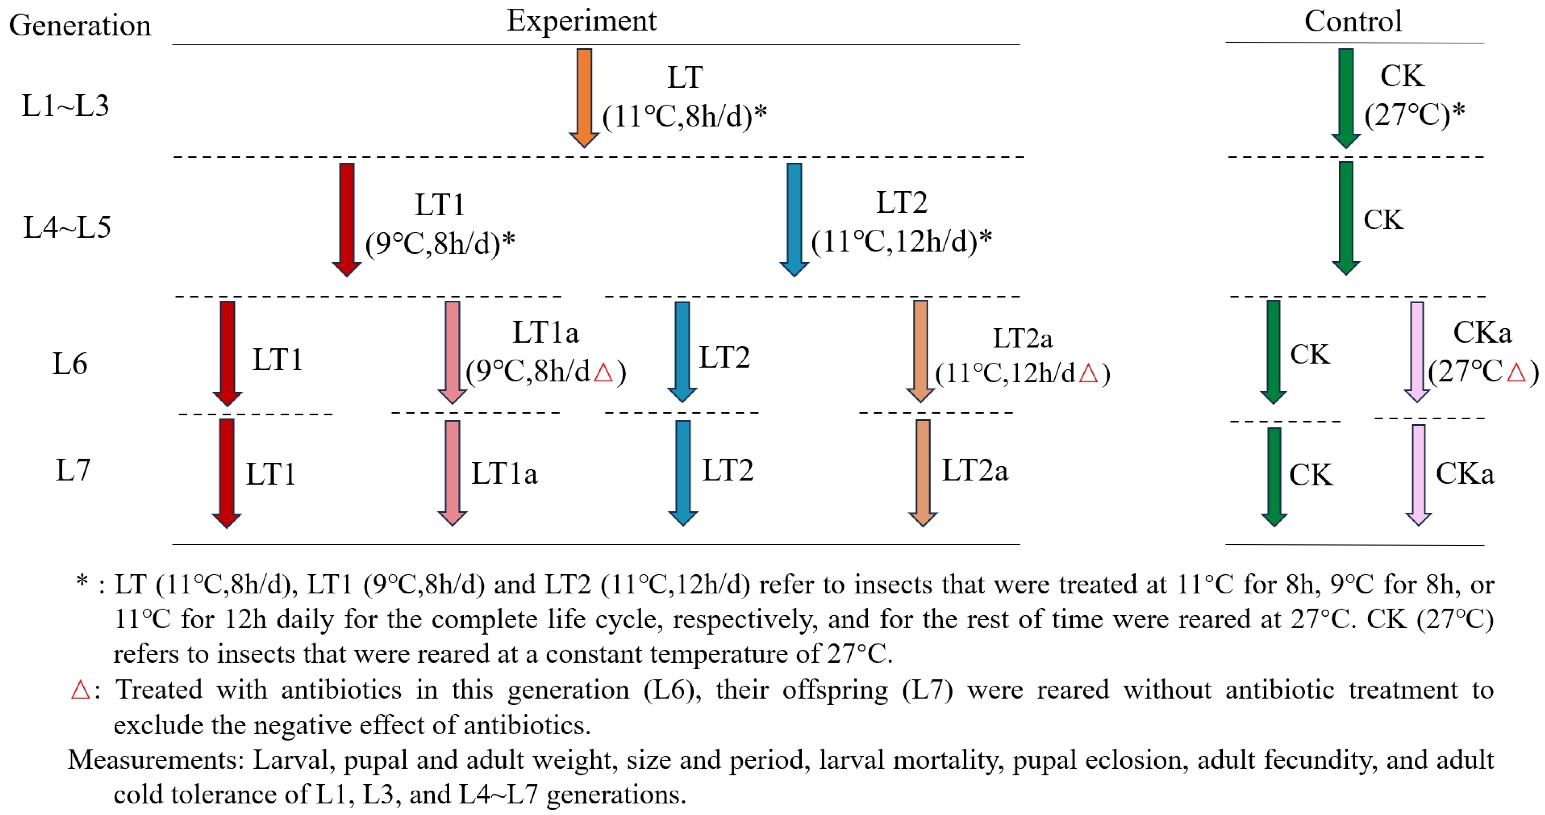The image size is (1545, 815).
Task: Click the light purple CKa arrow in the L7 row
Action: [x=1418, y=474]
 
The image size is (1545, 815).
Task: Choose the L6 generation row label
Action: [x=70, y=364]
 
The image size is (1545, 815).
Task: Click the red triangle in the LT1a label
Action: [x=603, y=372]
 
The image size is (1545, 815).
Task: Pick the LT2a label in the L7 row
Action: [x=975, y=471]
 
